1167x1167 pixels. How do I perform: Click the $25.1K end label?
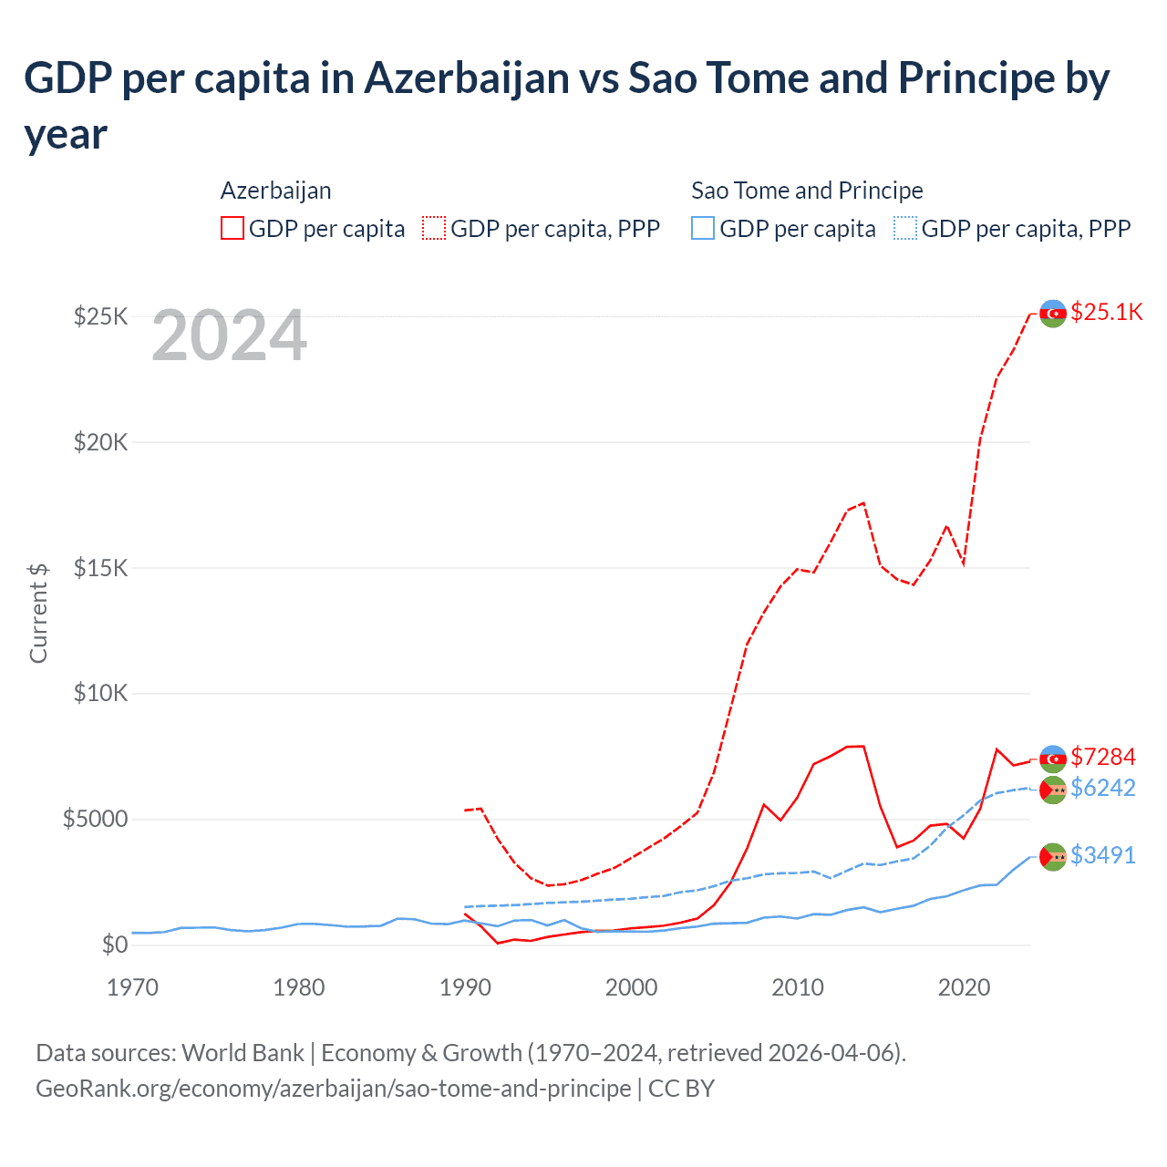tap(1106, 312)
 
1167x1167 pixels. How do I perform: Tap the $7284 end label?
tap(1102, 757)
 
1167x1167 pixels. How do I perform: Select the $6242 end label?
tap(1102, 788)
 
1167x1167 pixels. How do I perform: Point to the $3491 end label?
tap(1102, 855)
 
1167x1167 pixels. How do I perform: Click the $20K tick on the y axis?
tap(101, 442)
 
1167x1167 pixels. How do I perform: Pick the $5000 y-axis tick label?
tap(95, 819)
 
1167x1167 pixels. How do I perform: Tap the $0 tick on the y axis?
tap(114, 945)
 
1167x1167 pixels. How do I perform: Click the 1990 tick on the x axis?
tap(465, 987)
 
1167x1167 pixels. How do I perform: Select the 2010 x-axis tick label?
tap(798, 987)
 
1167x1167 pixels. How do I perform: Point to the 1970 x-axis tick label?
tap(132, 987)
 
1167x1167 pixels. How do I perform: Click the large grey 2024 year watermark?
tap(229, 336)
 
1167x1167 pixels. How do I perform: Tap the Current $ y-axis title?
tap(38, 613)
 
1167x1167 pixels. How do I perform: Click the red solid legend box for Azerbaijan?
tap(232, 228)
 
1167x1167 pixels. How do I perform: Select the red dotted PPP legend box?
tap(434, 228)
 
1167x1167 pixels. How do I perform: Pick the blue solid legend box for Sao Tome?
tap(703, 228)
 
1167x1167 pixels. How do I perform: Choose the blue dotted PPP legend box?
tap(905, 228)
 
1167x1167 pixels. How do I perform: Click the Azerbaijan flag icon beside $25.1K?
tap(1053, 313)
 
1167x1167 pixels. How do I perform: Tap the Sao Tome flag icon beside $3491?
tap(1053, 856)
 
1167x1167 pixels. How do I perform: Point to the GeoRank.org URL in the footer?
tap(333, 1089)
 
